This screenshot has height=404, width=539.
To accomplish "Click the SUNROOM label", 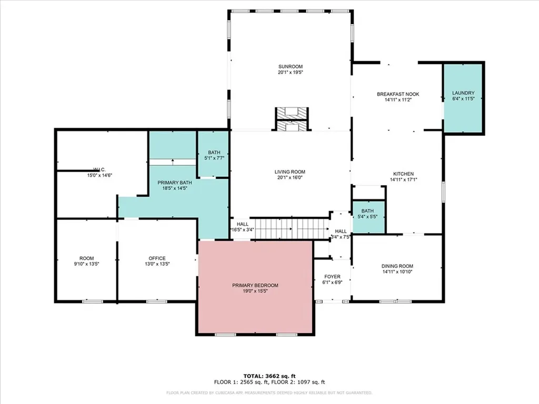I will pyautogui.click(x=291, y=66).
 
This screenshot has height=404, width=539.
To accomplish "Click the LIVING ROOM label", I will pyautogui.click(x=290, y=172).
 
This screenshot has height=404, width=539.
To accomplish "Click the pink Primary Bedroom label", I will pyautogui.click(x=255, y=285).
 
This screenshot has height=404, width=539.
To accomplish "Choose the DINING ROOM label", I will pyautogui.click(x=397, y=266).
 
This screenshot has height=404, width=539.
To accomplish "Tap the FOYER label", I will pyautogui.click(x=332, y=277).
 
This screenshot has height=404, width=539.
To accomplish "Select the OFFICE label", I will pyautogui.click(x=157, y=258).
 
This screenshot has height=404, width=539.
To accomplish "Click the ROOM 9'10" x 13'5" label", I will pyautogui.click(x=86, y=258).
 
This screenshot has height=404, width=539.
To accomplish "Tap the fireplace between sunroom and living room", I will pyautogui.click(x=291, y=119).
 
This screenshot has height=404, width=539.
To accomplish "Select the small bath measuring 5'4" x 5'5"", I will pyautogui.click(x=368, y=216).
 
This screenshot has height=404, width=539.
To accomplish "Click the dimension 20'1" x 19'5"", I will pyautogui.click(x=291, y=72).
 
